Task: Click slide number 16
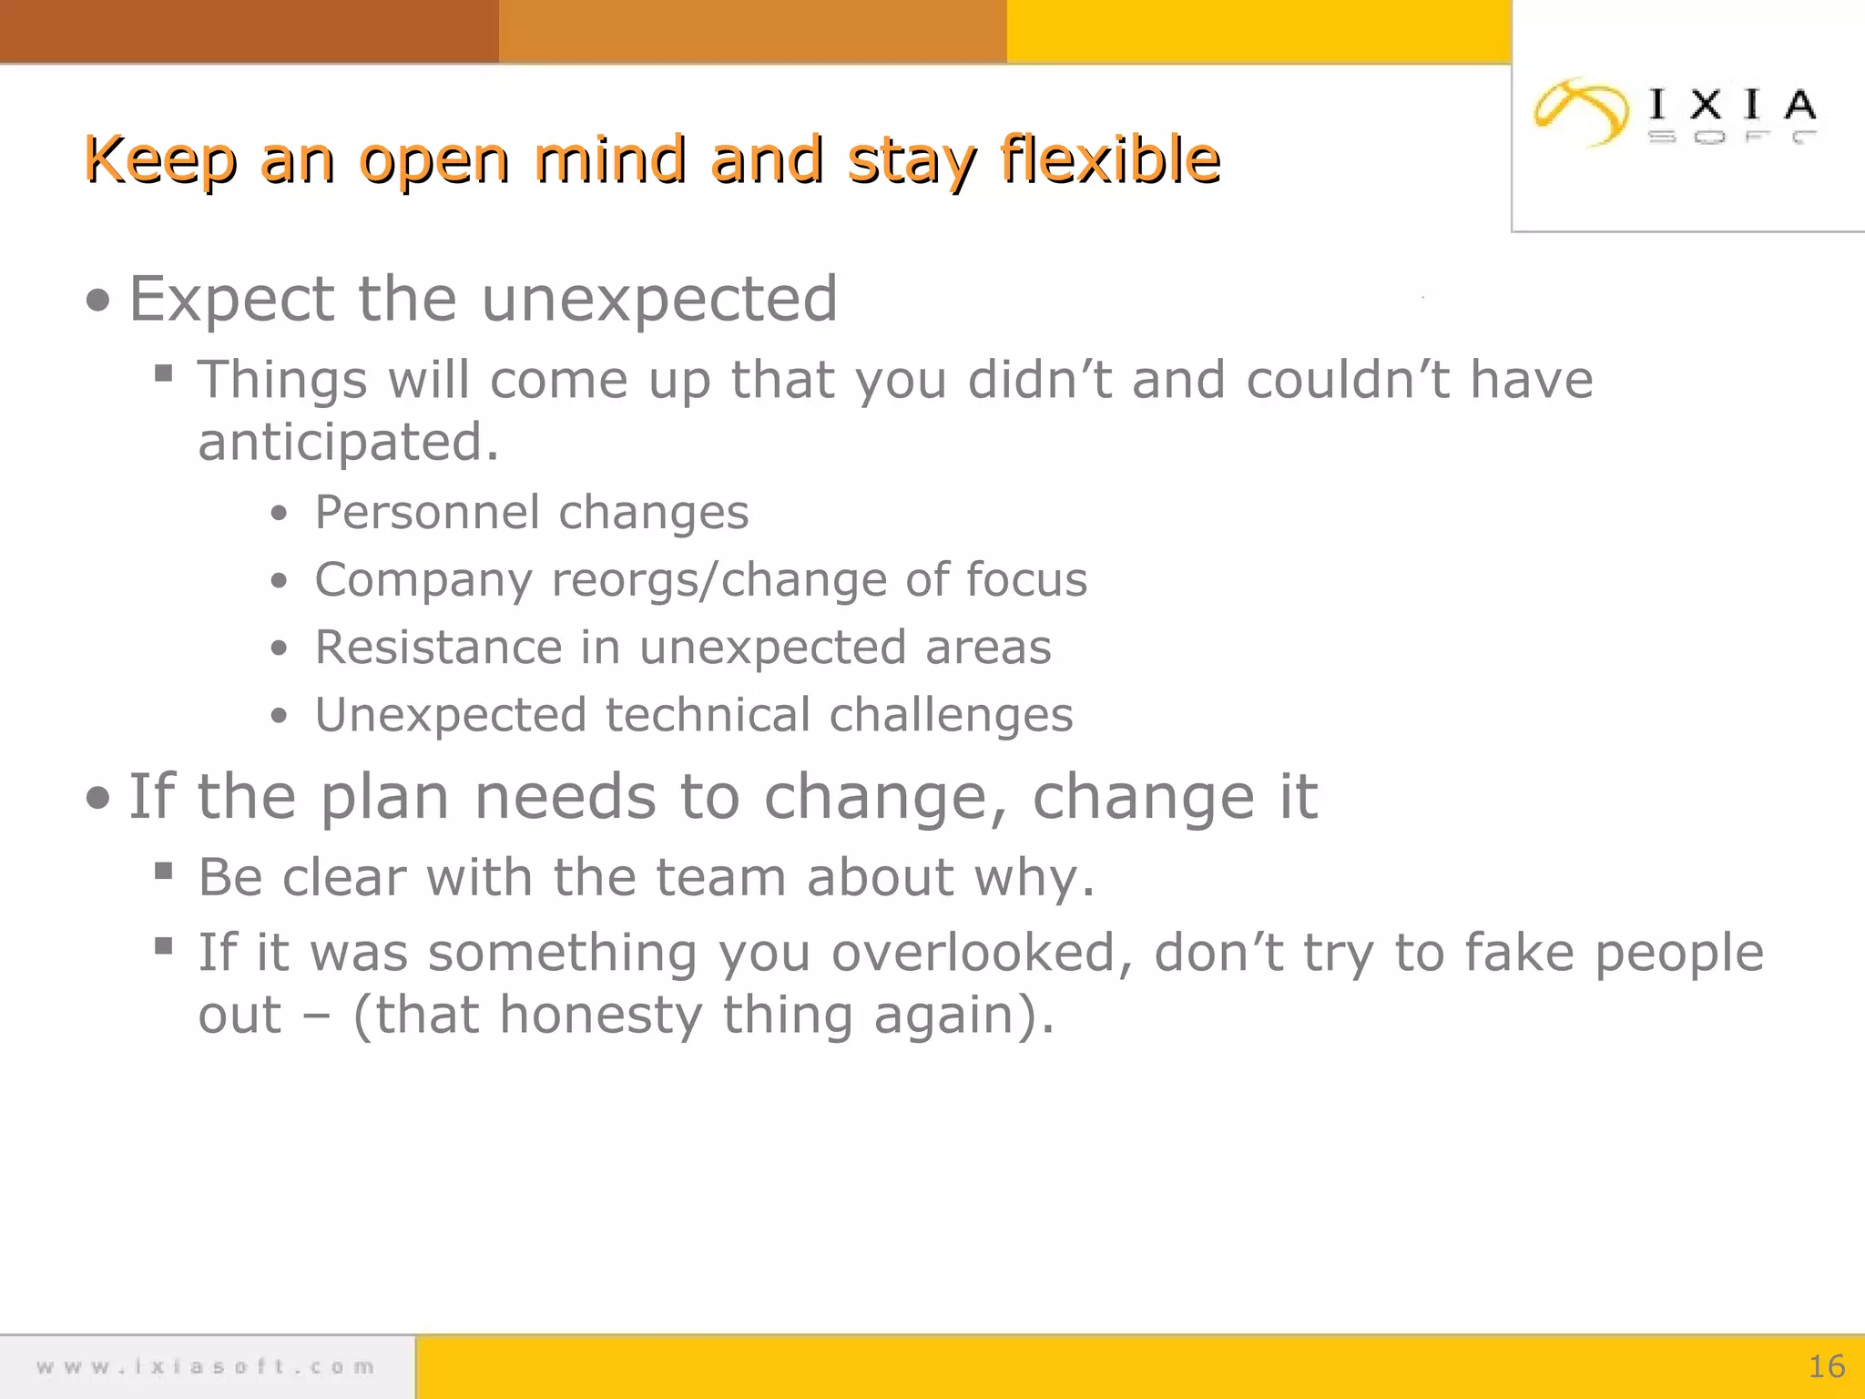[1826, 1366]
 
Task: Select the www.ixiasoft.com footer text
[206, 1366]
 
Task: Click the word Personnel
[425, 512]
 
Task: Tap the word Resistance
[438, 648]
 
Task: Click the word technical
[708, 715]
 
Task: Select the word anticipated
[348, 443]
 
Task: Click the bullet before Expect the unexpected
[98, 301]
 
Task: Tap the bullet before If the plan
[98, 799]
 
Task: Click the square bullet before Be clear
[164, 872]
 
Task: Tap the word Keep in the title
[161, 160]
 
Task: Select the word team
[720, 878]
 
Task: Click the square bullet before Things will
[164, 373]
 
